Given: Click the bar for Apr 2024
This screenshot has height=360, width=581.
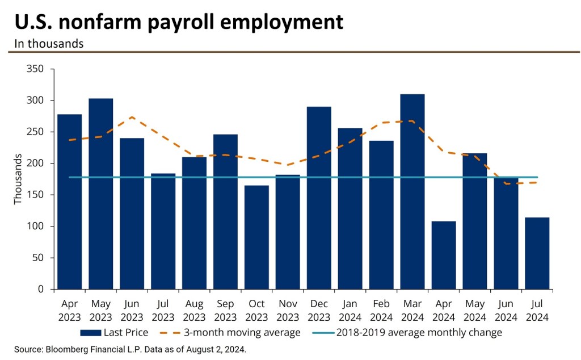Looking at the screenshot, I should (x=444, y=255).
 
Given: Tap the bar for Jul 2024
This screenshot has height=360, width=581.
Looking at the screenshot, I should (x=537, y=253).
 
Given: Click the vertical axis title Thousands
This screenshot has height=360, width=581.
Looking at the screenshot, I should (x=19, y=179).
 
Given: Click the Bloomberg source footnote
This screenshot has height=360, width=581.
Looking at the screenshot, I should (x=130, y=349).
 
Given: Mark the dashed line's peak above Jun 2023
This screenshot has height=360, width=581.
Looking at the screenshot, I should (x=132, y=117).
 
